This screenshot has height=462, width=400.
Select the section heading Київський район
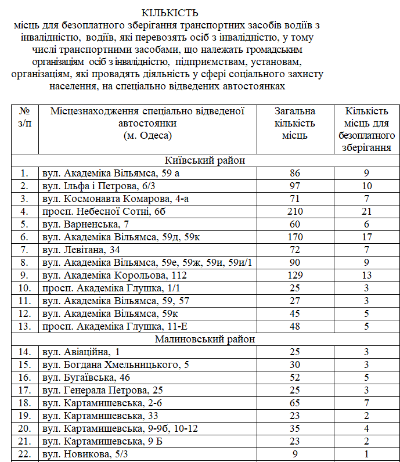(x=205, y=161)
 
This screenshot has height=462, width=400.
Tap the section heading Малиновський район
(x=205, y=339)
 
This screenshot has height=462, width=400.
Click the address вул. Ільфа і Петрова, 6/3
(x=93, y=186)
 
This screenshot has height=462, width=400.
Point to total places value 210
(x=296, y=211)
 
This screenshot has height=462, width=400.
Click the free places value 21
(x=367, y=211)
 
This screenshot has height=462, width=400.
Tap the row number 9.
(x=24, y=275)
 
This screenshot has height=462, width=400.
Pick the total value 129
(x=296, y=275)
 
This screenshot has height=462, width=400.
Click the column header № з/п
(x=24, y=117)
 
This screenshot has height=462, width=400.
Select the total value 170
(x=296, y=236)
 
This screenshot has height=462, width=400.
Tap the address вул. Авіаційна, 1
(x=81, y=352)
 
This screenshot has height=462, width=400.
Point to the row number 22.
(x=24, y=454)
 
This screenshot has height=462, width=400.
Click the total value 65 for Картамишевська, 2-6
(x=296, y=403)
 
